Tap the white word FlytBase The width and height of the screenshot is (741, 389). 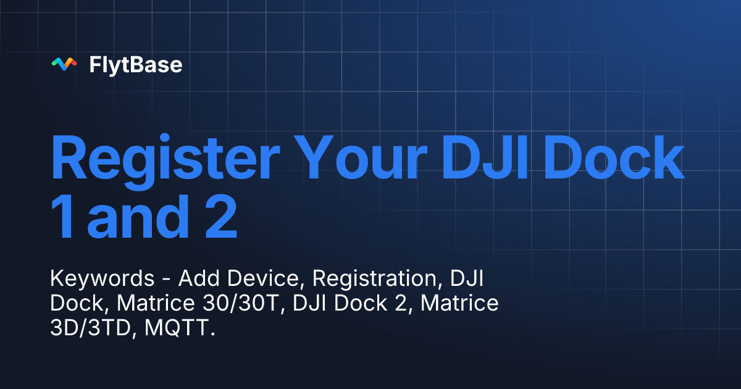tap(135, 64)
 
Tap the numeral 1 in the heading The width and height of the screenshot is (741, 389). tap(63, 219)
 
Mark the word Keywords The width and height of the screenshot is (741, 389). tap(102, 279)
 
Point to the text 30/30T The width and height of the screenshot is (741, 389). tap(238, 304)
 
